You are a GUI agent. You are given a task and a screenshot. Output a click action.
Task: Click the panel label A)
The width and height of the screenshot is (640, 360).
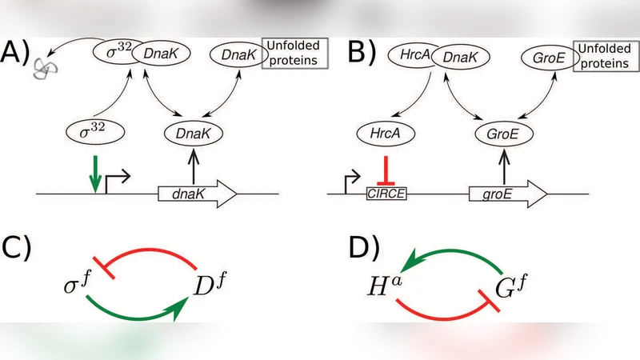18,55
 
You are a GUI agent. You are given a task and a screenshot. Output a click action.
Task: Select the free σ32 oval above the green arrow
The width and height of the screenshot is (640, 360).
94,129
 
